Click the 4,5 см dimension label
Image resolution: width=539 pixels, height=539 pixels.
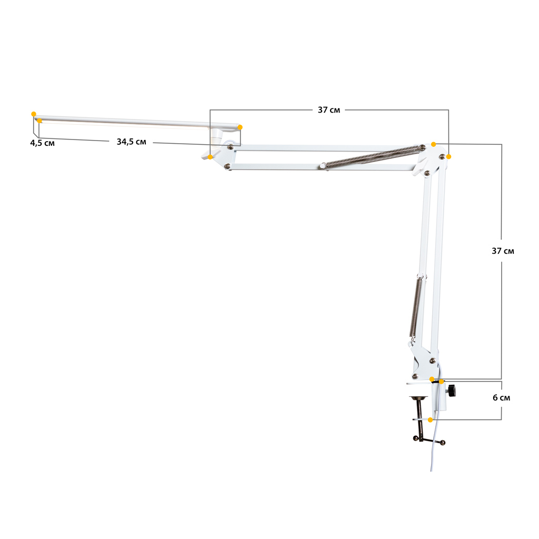pos(42,143)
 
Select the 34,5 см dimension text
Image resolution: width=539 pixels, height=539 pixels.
pos(131,142)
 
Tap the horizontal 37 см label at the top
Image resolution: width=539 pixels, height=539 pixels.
pos(328,110)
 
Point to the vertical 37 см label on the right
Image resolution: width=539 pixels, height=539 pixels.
pos(503,251)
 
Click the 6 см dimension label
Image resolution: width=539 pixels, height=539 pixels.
pos(501,398)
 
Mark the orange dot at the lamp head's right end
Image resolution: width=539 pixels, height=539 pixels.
pos(240,127)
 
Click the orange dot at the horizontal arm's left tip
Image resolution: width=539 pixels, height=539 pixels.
pos(210,157)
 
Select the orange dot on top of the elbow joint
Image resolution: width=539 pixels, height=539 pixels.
pos(434,144)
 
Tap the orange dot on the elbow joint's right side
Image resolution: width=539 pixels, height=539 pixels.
pos(448,157)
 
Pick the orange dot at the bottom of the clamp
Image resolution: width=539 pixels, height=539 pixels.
pos(430,420)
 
